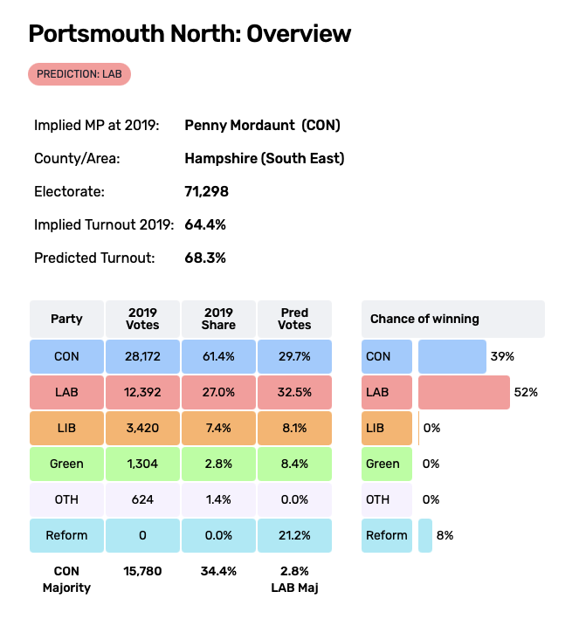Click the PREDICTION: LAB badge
(79, 74)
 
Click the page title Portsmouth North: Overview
(190, 34)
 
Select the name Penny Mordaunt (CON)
(262, 126)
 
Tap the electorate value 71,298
(207, 191)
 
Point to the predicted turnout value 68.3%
(205, 258)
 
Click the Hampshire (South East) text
(265, 159)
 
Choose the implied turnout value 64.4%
(205, 224)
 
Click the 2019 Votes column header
(142, 319)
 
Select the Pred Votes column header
(294, 319)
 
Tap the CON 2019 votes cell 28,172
(142, 357)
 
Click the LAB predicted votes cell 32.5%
(294, 393)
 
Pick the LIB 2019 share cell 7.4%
(218, 429)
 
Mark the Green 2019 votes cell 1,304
(142, 464)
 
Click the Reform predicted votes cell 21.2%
(294, 535)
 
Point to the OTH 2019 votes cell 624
(142, 500)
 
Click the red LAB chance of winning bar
(464, 393)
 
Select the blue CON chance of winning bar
(452, 357)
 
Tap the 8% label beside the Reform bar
(445, 535)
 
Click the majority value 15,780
(142, 572)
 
